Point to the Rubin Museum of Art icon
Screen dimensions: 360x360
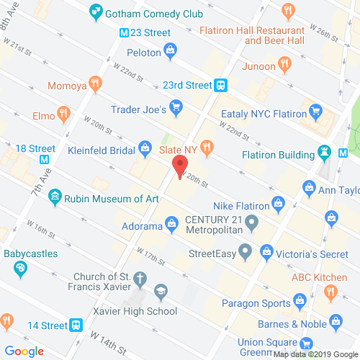pos(55,197)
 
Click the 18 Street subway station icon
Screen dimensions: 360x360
pos(45,161)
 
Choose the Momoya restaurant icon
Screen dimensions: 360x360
pos(95,86)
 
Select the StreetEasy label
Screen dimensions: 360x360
pos(212,253)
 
